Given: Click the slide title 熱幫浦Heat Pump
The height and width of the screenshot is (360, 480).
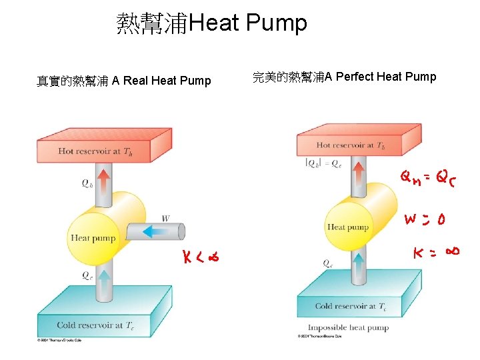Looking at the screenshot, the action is (211, 24).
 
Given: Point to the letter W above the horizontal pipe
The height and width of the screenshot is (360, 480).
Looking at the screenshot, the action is (165, 218).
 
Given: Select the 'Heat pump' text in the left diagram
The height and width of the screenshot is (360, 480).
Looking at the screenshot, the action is (93, 238).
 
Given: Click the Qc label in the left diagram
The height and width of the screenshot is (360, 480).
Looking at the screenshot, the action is (87, 275).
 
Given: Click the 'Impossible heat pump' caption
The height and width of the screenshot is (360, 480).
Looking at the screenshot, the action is (347, 327).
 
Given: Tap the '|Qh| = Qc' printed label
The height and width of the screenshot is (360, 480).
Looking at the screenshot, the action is (323, 162).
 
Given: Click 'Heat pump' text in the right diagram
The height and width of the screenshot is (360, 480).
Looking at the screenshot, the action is (347, 227).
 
